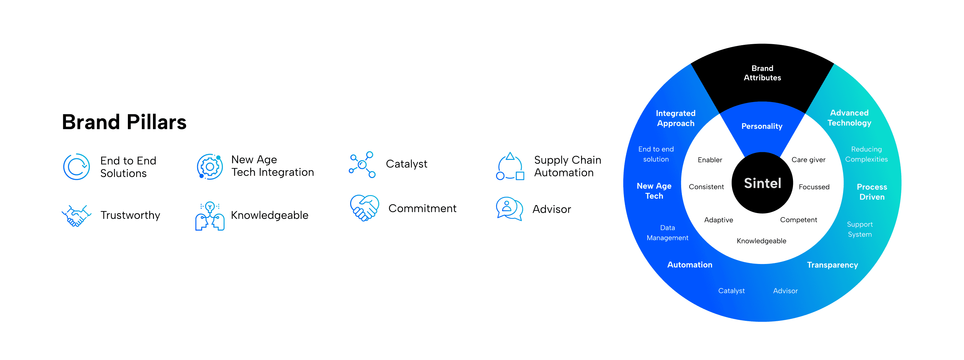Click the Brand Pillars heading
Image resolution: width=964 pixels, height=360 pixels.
pyautogui.click(x=124, y=122)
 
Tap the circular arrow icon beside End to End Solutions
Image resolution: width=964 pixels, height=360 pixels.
pyautogui.click(x=76, y=167)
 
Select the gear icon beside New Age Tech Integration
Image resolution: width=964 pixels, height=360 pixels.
pyautogui.click(x=210, y=167)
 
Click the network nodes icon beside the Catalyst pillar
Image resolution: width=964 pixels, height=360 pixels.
pyautogui.click(x=362, y=165)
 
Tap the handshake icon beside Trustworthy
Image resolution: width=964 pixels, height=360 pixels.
pyautogui.click(x=76, y=215)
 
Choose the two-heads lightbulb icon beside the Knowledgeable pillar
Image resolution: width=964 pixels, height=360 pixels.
pyautogui.click(x=210, y=216)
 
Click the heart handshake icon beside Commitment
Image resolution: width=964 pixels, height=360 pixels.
pyautogui.click(x=364, y=208)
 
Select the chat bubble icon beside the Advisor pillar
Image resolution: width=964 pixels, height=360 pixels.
pyautogui.click(x=509, y=208)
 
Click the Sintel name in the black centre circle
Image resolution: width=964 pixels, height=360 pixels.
pyautogui.click(x=762, y=183)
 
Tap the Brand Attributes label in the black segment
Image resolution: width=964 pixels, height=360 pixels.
pyautogui.click(x=762, y=73)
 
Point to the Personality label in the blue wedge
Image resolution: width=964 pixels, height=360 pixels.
pyautogui.click(x=762, y=126)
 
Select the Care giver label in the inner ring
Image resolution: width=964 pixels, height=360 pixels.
pyautogui.click(x=808, y=160)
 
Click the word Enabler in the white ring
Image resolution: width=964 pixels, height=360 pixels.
pyautogui.click(x=710, y=160)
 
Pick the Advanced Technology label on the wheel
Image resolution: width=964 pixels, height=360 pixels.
pyautogui.click(x=849, y=118)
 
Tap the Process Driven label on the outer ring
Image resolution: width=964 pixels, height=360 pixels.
pyautogui.click(x=872, y=192)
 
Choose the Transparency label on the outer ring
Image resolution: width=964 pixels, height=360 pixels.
pyautogui.click(x=832, y=265)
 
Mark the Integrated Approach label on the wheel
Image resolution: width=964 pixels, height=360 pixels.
pyautogui.click(x=675, y=118)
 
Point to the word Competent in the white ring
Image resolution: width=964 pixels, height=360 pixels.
pyautogui.click(x=798, y=220)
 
